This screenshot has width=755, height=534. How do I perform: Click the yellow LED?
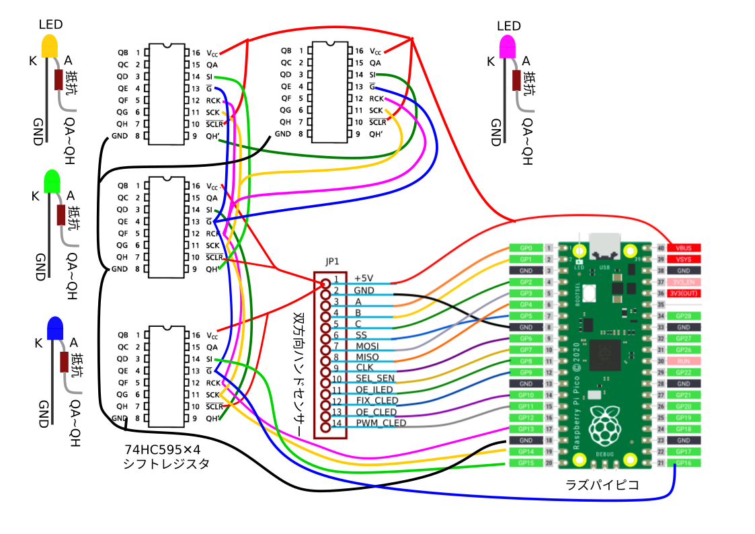pos(50,45)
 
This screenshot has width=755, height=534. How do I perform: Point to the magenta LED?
pos(508,46)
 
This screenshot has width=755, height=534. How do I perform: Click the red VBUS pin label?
pos(684,248)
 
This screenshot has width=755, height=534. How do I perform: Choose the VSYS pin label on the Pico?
pos(684,260)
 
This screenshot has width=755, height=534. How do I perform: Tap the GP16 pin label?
pos(684,463)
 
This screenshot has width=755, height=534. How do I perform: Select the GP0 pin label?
pos(526,248)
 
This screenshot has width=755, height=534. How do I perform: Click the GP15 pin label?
pos(526,463)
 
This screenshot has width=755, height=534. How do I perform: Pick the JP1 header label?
pos(332,262)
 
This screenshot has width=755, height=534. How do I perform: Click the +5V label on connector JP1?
pos(364,278)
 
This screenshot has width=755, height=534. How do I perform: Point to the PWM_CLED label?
pos(381,423)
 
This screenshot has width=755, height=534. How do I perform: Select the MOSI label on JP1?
pos(367,345)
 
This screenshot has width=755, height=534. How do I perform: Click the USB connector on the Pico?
pos(604,247)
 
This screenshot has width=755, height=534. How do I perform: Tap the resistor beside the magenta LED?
pos(516,80)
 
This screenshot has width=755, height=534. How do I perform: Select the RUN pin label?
pos(684,361)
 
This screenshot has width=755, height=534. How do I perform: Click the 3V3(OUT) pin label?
pos(684,293)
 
